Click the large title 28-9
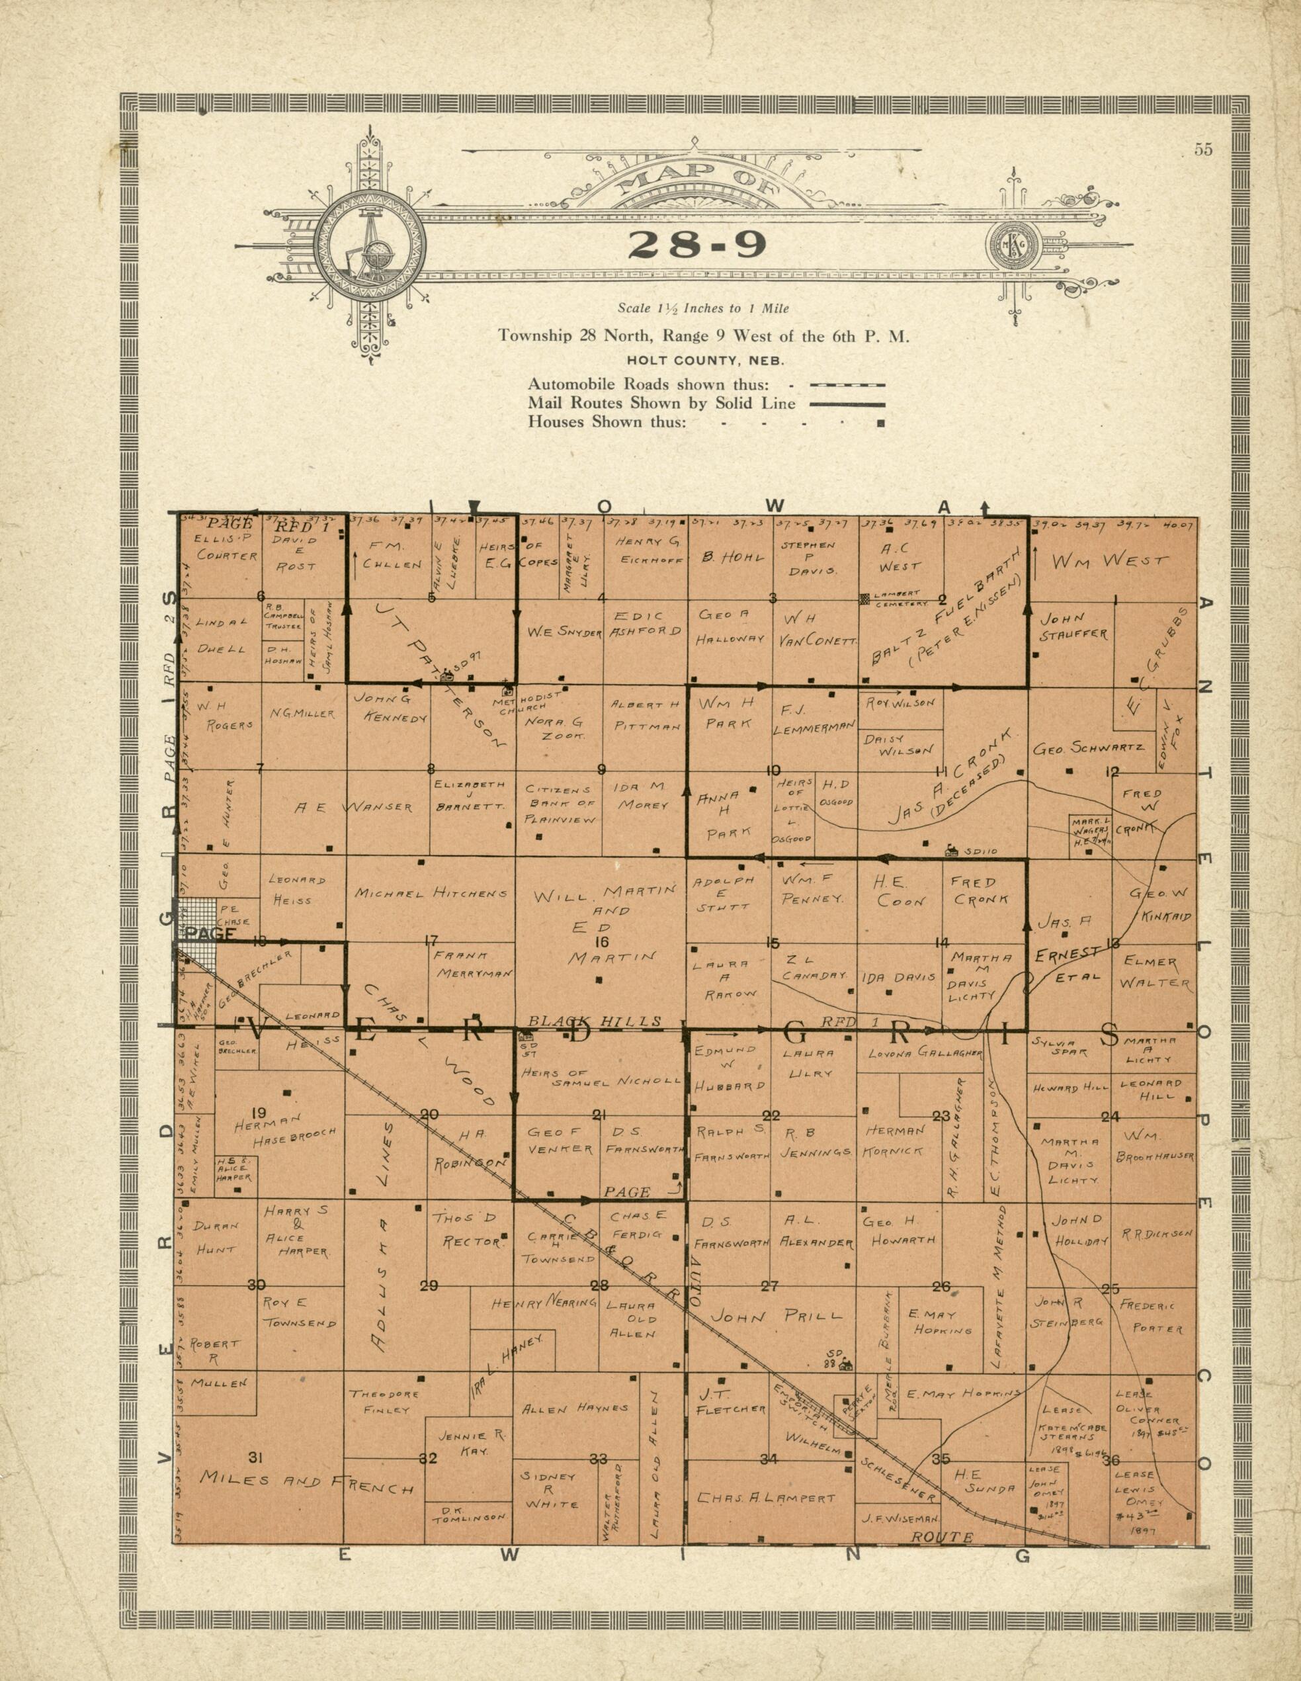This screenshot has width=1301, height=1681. [696, 244]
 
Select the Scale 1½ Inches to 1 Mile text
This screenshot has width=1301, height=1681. [704, 309]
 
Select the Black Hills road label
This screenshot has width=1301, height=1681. [594, 1022]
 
